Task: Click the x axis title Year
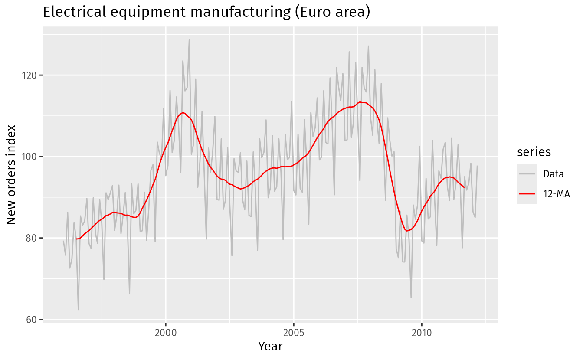click(x=270, y=347)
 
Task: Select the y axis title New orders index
click(x=12, y=174)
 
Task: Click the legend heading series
click(x=534, y=152)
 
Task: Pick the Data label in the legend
click(x=554, y=174)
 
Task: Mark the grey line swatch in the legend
click(x=527, y=174)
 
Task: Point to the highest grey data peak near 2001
click(x=189, y=40)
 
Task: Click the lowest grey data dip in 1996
click(x=78, y=310)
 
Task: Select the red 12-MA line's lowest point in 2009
click(x=407, y=231)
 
